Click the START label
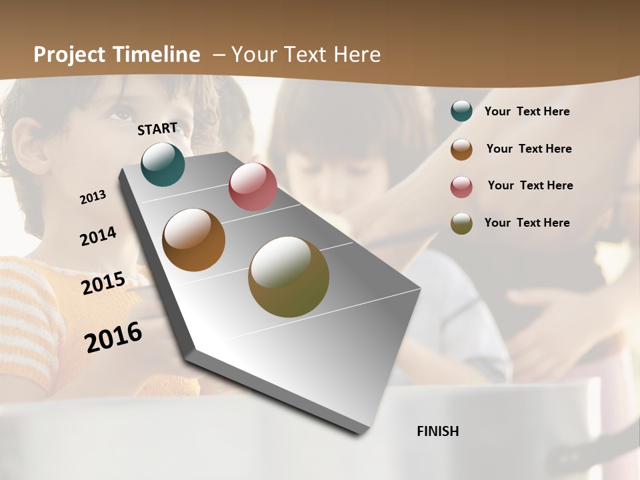tap(157, 129)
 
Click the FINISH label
tap(438, 431)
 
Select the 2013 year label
tap(93, 197)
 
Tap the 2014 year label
tap(98, 237)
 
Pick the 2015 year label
tap(103, 283)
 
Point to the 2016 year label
tap(113, 337)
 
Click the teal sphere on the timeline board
tap(163, 164)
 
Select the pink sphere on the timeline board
tap(253, 187)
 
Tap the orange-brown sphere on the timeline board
tap(194, 240)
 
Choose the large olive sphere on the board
tap(289, 277)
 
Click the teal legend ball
tap(461, 111)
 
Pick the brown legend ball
tap(461, 149)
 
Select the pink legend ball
tap(461, 187)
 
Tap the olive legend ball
tap(461, 223)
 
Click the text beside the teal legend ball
tap(527, 111)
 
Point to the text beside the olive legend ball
tap(527, 223)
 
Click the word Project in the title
tap(69, 55)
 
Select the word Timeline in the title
tap(157, 55)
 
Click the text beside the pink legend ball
tap(531, 185)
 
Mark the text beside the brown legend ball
tap(529, 149)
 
